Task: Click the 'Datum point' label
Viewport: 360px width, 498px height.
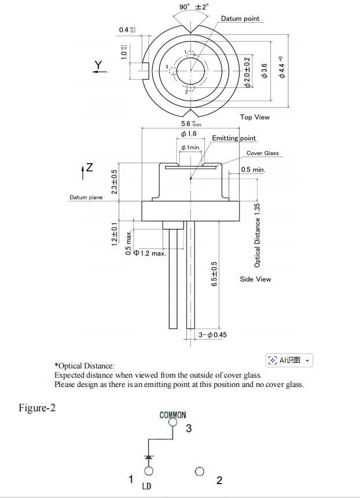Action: (x=240, y=19)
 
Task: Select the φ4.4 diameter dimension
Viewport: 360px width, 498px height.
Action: (x=282, y=69)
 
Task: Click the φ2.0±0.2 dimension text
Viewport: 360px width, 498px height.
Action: (x=247, y=72)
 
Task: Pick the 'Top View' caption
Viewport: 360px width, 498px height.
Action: (x=255, y=117)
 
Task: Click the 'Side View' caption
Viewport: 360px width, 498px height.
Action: (x=255, y=279)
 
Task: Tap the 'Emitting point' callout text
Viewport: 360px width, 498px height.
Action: (x=234, y=138)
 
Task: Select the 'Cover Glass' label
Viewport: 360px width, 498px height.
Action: (x=263, y=153)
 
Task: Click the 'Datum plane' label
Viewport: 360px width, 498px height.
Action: (x=86, y=198)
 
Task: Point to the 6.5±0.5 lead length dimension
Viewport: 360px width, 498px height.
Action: (x=214, y=274)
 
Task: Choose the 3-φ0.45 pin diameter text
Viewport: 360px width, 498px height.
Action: (x=212, y=335)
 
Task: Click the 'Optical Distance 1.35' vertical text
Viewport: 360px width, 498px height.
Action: (x=258, y=235)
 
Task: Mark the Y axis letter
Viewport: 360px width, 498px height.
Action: (x=98, y=64)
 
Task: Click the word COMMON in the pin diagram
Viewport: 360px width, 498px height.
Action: (x=172, y=415)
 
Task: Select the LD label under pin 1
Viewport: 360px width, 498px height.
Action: (x=146, y=486)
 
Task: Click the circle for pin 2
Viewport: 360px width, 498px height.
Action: (x=200, y=471)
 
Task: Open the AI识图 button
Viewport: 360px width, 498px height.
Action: (x=289, y=360)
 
